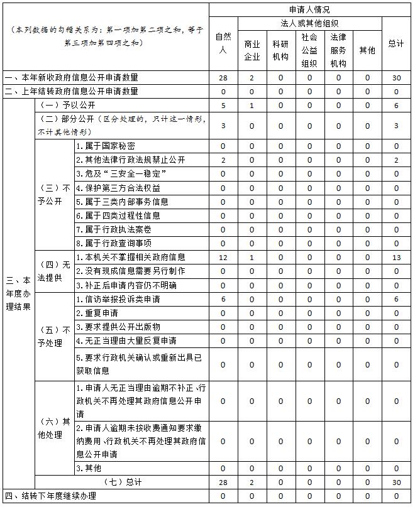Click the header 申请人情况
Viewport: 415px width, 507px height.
point(309,9)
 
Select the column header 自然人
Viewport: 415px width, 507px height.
point(223,43)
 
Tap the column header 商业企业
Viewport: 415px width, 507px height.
point(252,50)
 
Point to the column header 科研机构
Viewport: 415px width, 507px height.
point(280,50)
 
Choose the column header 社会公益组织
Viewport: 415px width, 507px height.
point(309,50)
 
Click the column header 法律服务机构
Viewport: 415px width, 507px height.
point(338,50)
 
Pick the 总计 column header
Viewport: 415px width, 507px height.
point(396,43)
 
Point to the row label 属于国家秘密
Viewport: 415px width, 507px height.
point(107,146)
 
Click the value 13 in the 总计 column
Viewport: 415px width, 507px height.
point(396,257)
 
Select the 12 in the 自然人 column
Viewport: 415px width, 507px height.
point(223,257)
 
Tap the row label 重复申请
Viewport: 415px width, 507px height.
point(97,313)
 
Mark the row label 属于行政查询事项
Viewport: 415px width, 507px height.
point(113,243)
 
